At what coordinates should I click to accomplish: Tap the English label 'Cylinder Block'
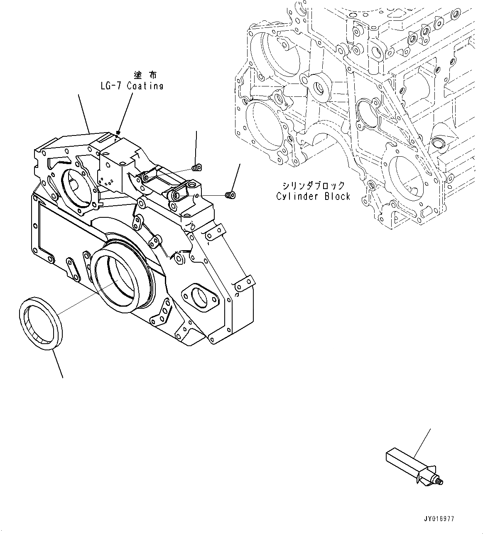click(313, 197)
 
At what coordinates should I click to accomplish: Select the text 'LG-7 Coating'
click(132, 86)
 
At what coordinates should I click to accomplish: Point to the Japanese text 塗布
click(145, 75)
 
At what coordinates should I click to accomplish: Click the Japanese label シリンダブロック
click(313, 185)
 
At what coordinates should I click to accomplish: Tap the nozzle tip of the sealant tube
click(441, 482)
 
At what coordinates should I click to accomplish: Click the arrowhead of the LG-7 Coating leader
click(118, 132)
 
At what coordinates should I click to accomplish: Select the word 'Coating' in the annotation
click(145, 86)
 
